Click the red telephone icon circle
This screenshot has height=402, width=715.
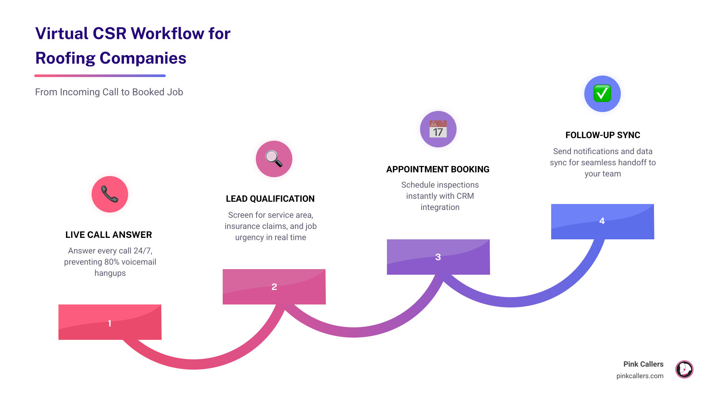[110, 194]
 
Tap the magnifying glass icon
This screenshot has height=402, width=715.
[274, 159]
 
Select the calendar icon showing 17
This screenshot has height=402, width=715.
[438, 129]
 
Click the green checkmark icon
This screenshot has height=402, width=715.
[602, 93]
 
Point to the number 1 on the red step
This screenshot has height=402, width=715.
[109, 323]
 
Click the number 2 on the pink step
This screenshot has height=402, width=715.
[274, 287]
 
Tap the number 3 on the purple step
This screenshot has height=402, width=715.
[438, 257]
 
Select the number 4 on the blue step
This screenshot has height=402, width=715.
[602, 221]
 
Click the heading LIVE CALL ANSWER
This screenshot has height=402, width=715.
[109, 235]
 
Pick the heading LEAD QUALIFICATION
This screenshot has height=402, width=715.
[270, 199]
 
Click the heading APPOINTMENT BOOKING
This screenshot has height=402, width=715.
[438, 169]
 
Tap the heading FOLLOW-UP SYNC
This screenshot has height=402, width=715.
[603, 135]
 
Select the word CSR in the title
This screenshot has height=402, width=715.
[109, 33]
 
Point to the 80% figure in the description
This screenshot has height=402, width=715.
[112, 262]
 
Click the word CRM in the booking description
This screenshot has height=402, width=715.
[465, 196]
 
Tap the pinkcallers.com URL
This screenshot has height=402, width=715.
[639, 376]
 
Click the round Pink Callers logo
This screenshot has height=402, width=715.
[684, 370]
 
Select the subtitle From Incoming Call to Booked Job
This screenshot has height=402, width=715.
[109, 92]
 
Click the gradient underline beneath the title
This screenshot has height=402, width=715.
[100, 76]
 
